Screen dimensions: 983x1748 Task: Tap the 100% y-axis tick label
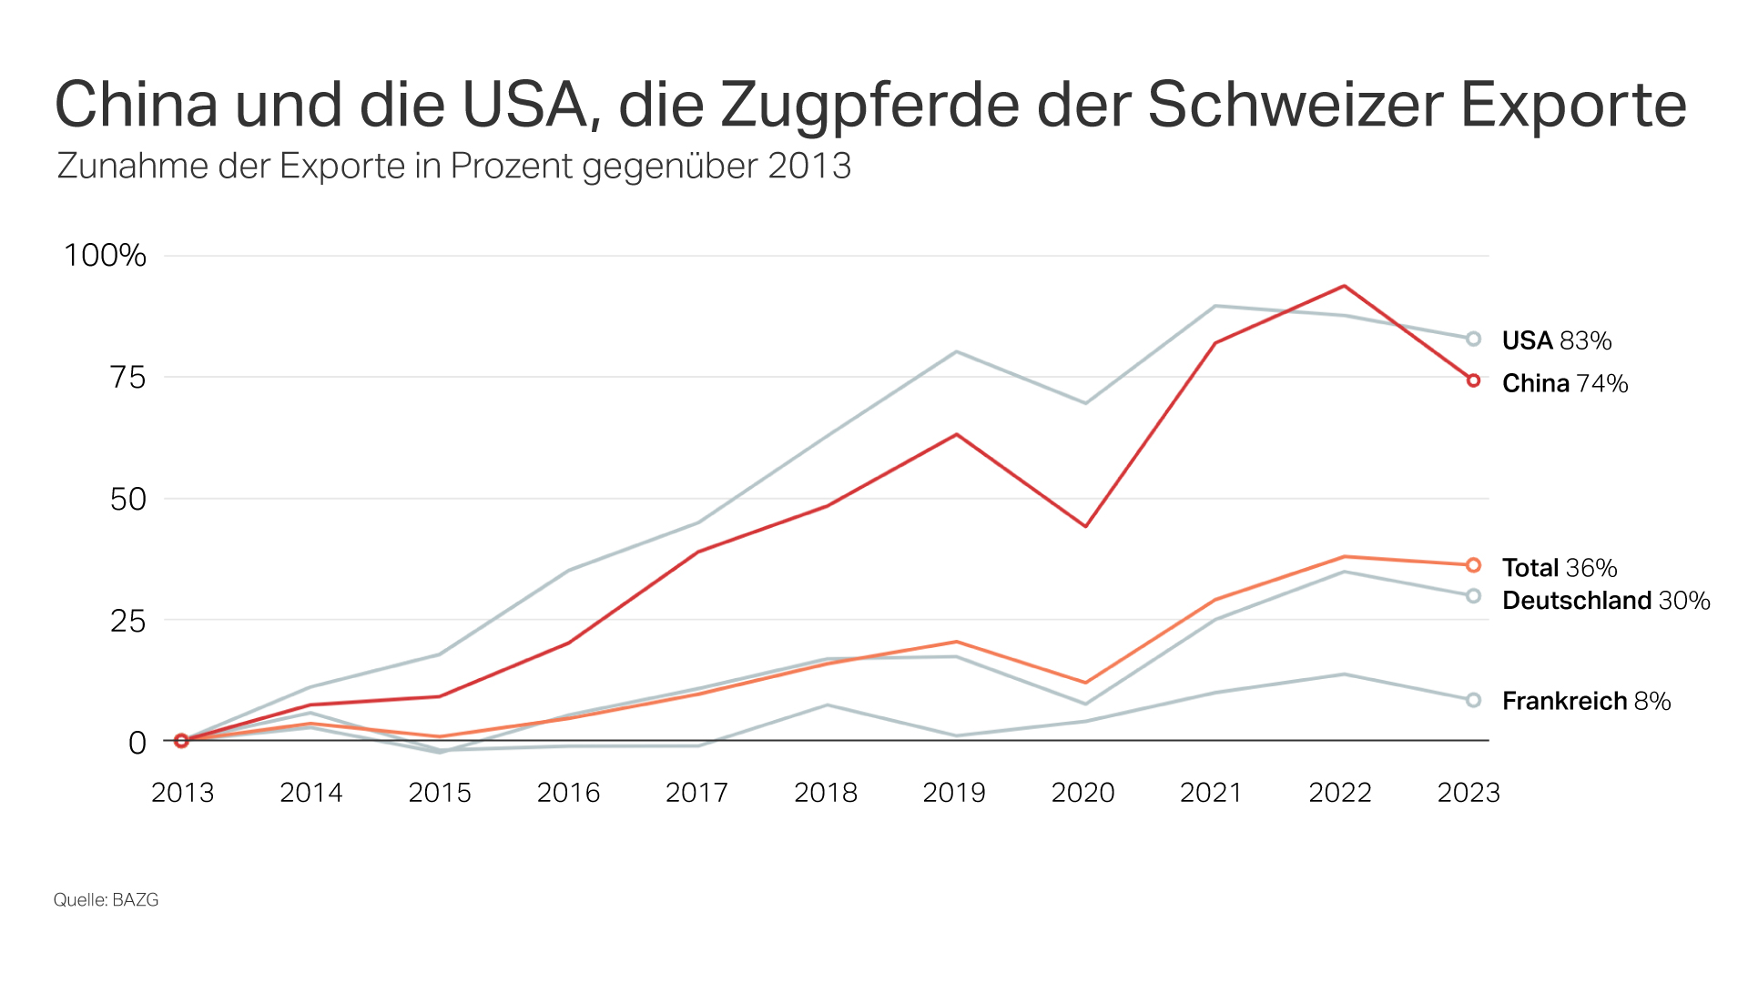pos(105,256)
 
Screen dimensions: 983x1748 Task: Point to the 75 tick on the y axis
pos(127,378)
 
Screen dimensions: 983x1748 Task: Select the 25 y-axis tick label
pos(127,622)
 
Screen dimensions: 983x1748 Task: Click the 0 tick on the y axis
pos(137,743)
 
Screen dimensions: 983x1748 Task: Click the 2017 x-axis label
pos(696,793)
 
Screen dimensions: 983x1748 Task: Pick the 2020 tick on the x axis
pos(1082,793)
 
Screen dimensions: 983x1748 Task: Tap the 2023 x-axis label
pos(1468,793)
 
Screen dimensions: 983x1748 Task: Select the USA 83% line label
pos(1556,340)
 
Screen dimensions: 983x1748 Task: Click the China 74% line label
pos(1564,383)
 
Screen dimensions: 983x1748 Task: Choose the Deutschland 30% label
pos(1605,601)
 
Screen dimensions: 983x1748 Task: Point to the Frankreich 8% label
pos(1586,701)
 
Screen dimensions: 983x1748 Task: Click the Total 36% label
pos(1559,568)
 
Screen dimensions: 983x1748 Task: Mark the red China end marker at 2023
pos(1473,380)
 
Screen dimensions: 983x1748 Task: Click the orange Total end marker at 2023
pos(1473,565)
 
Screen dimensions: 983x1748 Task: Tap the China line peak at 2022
pos(1344,286)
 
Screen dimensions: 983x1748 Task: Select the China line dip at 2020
pos(1085,526)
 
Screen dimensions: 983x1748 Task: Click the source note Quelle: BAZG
pos(106,900)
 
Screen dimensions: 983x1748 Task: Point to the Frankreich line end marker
pos(1473,700)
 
